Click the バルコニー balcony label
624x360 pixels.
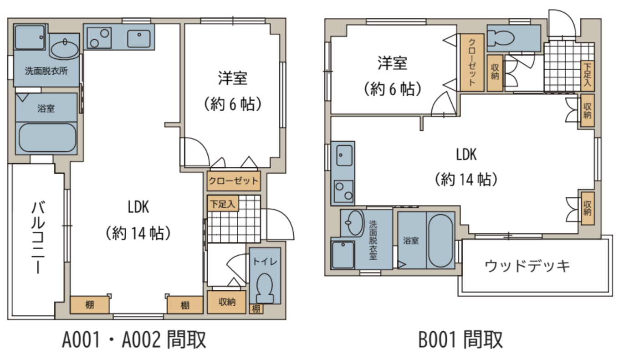tap(38, 237)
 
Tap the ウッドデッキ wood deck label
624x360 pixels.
tap(527, 266)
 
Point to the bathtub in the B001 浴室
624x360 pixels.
tap(440, 241)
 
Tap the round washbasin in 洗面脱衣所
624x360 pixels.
tap(65, 50)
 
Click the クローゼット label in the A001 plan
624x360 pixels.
tap(234, 181)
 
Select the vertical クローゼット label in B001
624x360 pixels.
tap(472, 62)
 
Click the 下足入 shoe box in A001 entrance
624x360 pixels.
tap(223, 204)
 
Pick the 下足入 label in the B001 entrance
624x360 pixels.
tap(587, 75)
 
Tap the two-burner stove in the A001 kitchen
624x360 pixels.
tap(99, 38)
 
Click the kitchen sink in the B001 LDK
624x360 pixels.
tap(344, 155)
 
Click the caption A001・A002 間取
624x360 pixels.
tap(134, 339)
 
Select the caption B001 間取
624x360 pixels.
tap(460, 339)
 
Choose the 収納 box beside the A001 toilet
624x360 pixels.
tap(227, 302)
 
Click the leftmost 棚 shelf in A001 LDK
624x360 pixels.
tap(89, 305)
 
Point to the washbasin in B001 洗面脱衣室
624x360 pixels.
tap(354, 223)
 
